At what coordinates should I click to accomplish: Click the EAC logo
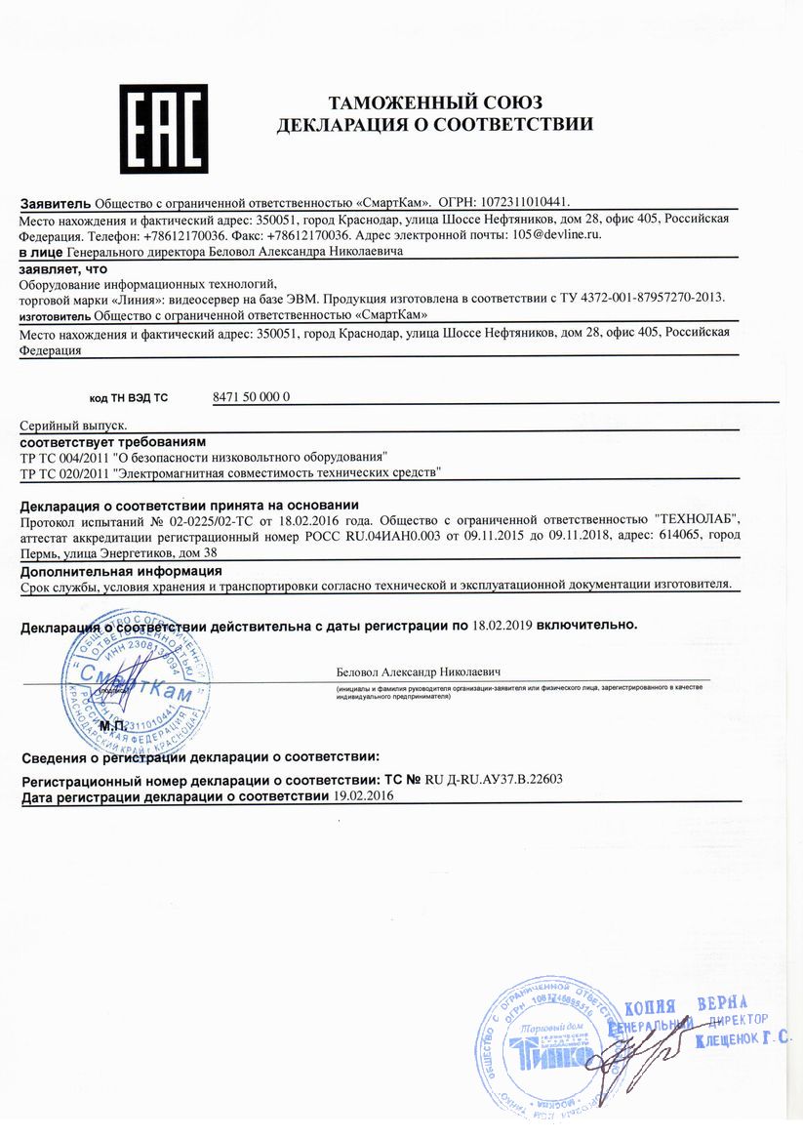163,128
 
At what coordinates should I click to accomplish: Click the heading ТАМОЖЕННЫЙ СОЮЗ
434,102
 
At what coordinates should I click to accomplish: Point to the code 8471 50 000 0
251,397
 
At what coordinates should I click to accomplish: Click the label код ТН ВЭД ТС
129,398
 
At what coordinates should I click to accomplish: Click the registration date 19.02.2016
363,796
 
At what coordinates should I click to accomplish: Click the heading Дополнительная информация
121,570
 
